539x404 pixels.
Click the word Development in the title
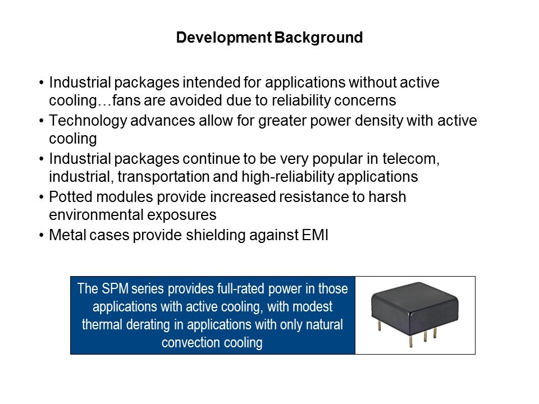click(x=224, y=38)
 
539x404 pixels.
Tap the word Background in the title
click(x=319, y=38)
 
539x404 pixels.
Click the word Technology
click(x=88, y=121)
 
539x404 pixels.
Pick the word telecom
click(x=411, y=159)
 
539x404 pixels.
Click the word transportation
click(x=163, y=177)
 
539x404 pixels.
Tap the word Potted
click(x=71, y=197)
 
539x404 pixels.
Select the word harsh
click(x=387, y=197)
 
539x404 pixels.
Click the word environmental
click(x=96, y=215)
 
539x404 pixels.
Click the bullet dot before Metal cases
click(x=42, y=236)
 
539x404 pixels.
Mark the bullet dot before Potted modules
click(x=42, y=198)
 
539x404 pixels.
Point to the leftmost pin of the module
click(x=379, y=325)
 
